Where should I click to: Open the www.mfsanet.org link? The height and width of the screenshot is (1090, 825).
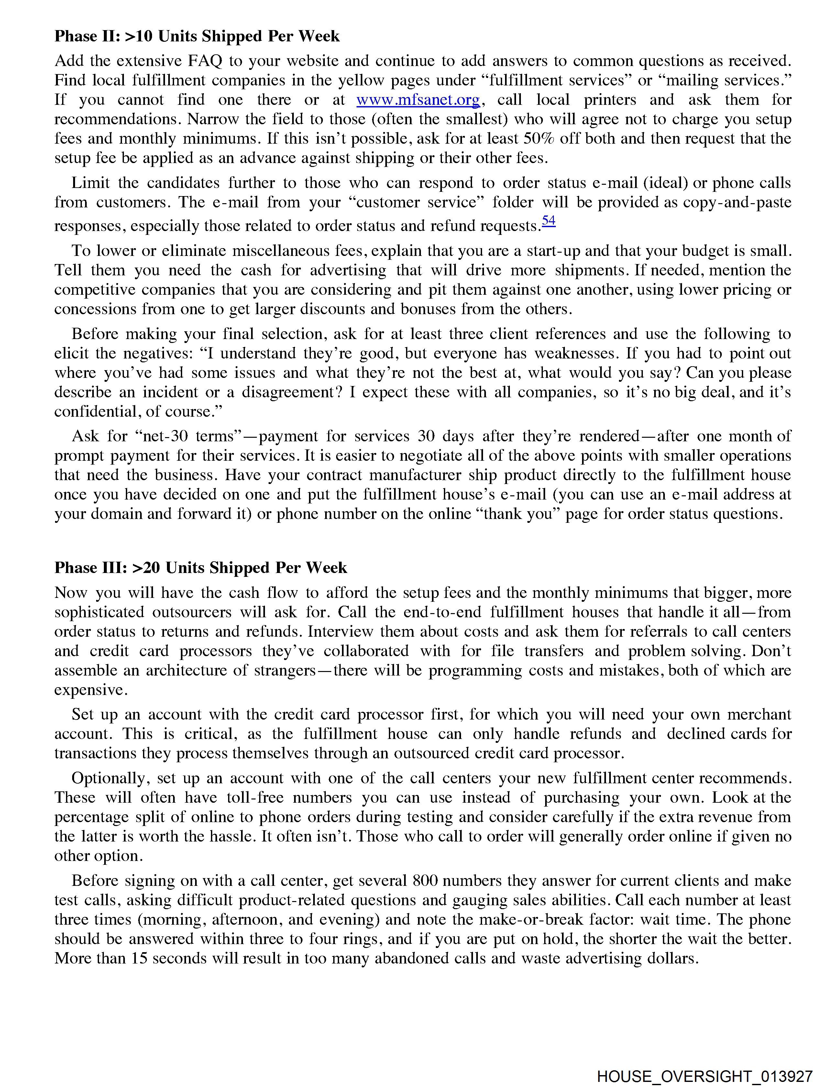418,100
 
